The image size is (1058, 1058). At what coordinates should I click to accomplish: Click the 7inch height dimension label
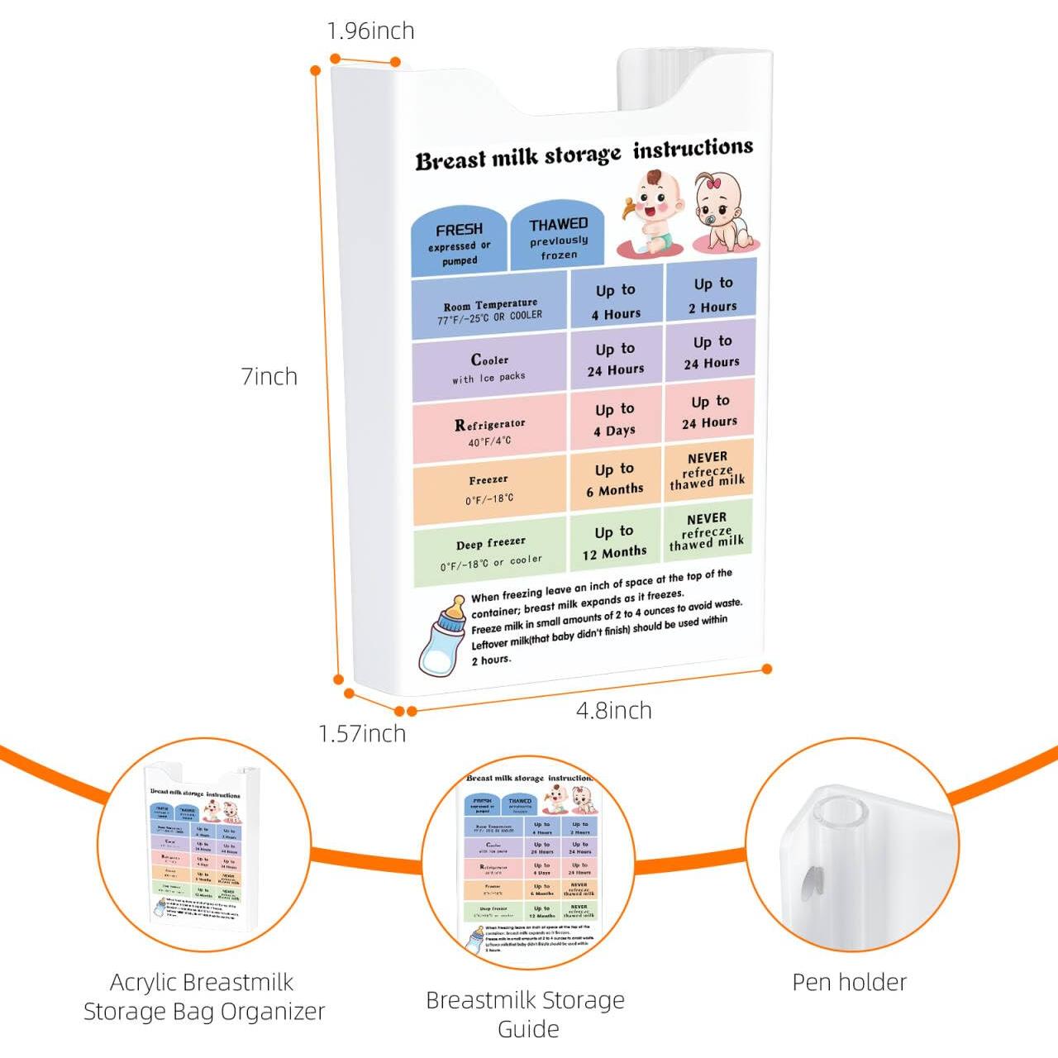[269, 377]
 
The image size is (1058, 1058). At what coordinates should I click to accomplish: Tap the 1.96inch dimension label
[370, 31]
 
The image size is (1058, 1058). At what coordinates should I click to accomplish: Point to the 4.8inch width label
[613, 711]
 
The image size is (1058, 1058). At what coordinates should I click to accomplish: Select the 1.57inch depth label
[362, 734]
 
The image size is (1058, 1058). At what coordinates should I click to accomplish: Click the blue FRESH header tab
[459, 242]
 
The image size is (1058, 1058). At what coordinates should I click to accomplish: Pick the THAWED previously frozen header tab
[559, 238]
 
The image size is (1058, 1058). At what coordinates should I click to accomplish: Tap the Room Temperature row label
[490, 310]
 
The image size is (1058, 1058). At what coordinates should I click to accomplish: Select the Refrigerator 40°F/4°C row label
[489, 431]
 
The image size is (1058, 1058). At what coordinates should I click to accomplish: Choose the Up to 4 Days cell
[615, 420]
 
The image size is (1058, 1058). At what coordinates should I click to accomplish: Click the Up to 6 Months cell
[615, 479]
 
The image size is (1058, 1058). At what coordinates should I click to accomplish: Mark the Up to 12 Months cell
[614, 541]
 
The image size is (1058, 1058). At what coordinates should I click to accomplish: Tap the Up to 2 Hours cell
[712, 294]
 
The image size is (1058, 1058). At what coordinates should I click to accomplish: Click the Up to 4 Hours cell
[616, 302]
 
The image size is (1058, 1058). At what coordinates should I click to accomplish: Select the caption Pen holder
[849, 982]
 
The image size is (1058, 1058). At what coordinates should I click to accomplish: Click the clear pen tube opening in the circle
[837, 813]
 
